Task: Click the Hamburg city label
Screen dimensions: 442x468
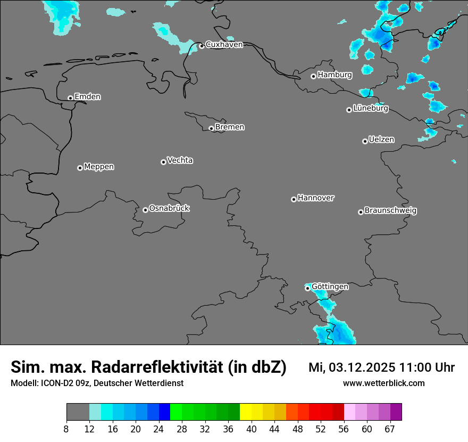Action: click(335, 75)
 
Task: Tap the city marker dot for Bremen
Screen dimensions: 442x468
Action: click(211, 128)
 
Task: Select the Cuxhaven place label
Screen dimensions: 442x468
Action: click(224, 45)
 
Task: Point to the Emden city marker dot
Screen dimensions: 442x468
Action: click(70, 98)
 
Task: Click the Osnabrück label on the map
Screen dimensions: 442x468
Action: click(169, 208)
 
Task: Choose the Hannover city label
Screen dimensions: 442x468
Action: click(316, 198)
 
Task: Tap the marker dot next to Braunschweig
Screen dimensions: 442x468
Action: click(361, 212)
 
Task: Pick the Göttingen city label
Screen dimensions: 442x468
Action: click(330, 287)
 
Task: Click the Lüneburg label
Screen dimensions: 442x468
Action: click(371, 108)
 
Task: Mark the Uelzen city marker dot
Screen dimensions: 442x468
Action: click(365, 141)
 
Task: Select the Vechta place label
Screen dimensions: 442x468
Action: click(180, 160)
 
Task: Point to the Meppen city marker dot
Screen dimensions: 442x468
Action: click(80, 168)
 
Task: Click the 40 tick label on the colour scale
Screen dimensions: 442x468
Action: click(252, 429)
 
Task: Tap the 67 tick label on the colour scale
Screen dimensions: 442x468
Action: click(390, 429)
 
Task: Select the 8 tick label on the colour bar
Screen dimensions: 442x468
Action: click(66, 429)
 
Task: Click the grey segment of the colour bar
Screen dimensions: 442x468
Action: click(78, 412)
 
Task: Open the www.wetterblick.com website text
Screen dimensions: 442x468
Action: click(383, 383)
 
